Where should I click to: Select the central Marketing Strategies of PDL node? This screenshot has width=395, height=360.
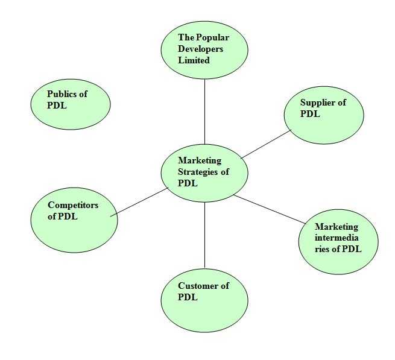204,172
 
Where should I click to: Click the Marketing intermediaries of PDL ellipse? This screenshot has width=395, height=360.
338,242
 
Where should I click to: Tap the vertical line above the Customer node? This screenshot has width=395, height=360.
204,235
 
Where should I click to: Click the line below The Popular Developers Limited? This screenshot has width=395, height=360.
204,112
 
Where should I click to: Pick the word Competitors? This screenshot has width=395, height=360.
73,205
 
